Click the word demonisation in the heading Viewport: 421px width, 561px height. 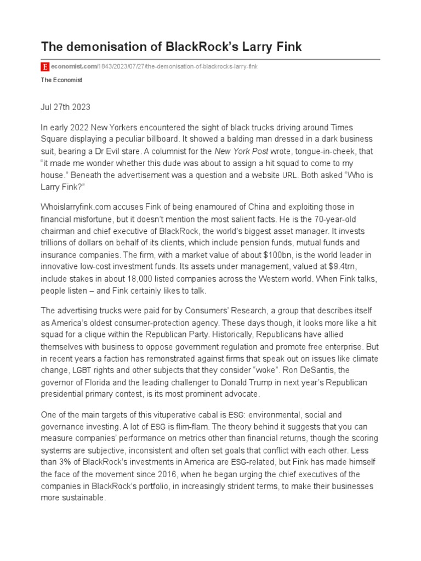coord(101,47)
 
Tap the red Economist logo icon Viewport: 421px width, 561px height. coord(45,67)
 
